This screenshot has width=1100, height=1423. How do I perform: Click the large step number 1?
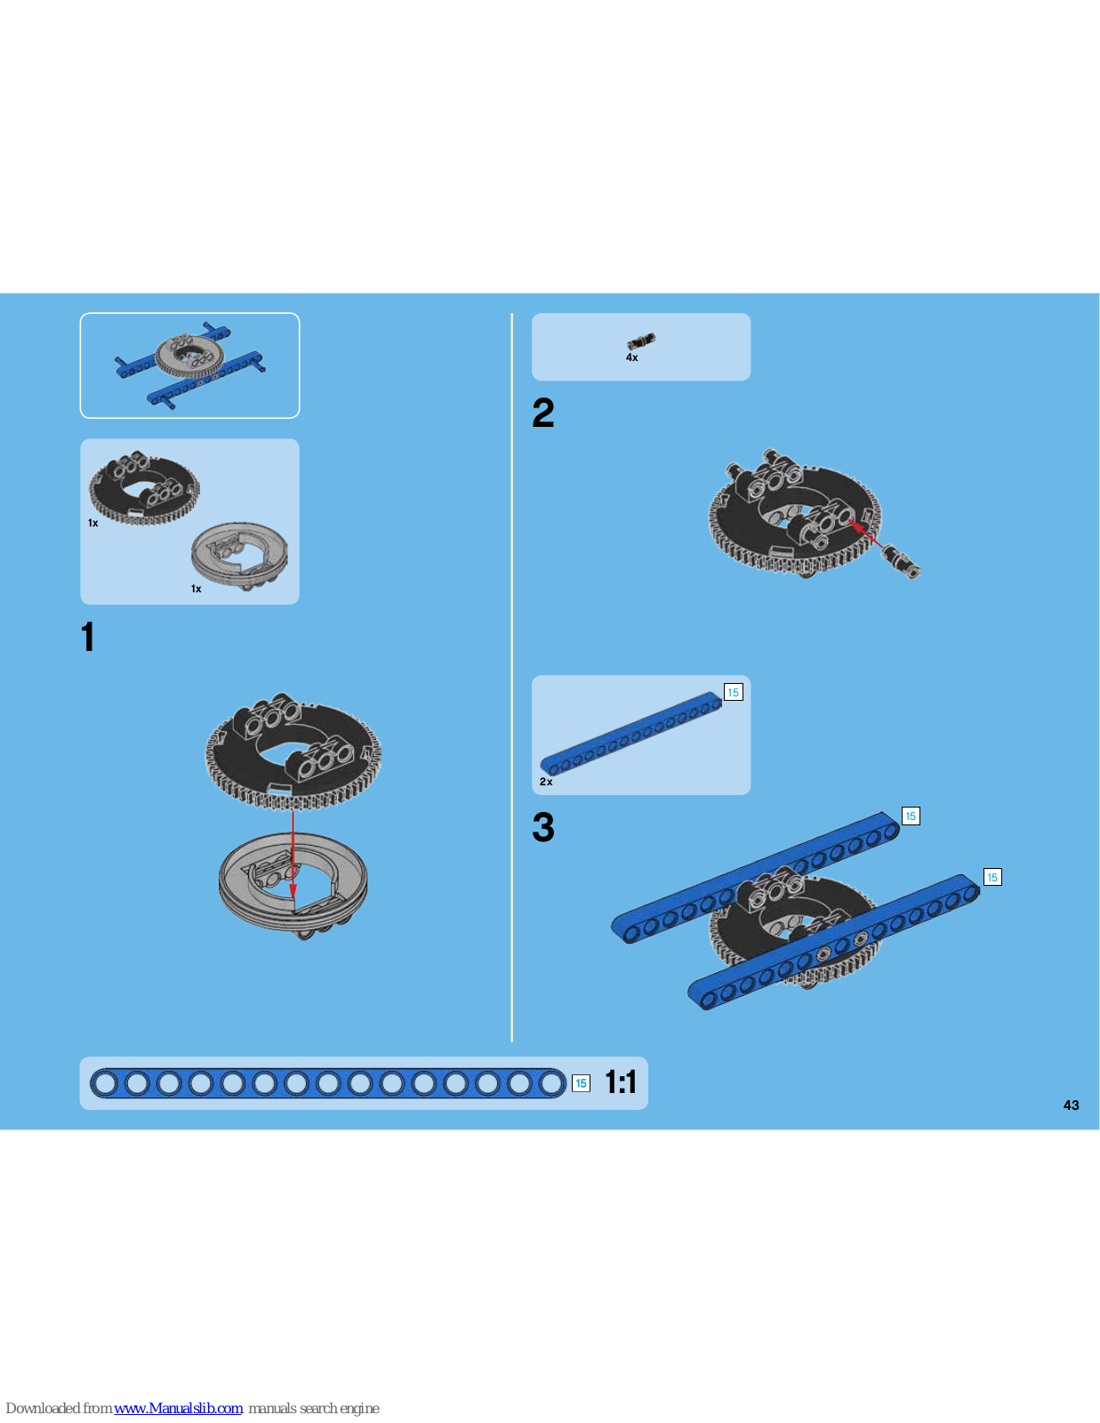coord(88,637)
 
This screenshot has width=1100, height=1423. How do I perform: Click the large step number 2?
coord(542,413)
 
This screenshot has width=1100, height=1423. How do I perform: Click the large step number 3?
coord(542,827)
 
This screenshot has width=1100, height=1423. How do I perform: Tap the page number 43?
coord(1072,1105)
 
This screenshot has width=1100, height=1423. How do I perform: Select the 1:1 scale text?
coord(620,1081)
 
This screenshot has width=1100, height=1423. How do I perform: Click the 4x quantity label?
coord(632,358)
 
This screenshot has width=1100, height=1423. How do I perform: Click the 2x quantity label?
coord(546,782)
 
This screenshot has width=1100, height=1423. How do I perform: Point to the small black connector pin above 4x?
coord(641,342)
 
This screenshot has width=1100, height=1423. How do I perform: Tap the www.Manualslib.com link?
coord(178,1408)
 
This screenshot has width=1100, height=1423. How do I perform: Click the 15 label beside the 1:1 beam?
coord(581,1083)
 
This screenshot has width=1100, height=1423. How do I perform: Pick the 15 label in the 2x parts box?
coord(734,692)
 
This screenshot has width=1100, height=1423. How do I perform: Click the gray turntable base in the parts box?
coord(239,556)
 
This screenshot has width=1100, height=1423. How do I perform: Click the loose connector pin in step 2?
coord(901,562)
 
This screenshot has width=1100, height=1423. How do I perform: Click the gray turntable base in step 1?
coord(293,885)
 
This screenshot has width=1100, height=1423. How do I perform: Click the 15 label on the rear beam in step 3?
coord(911,816)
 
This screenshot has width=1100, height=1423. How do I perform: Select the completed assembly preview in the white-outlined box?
coord(190,365)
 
